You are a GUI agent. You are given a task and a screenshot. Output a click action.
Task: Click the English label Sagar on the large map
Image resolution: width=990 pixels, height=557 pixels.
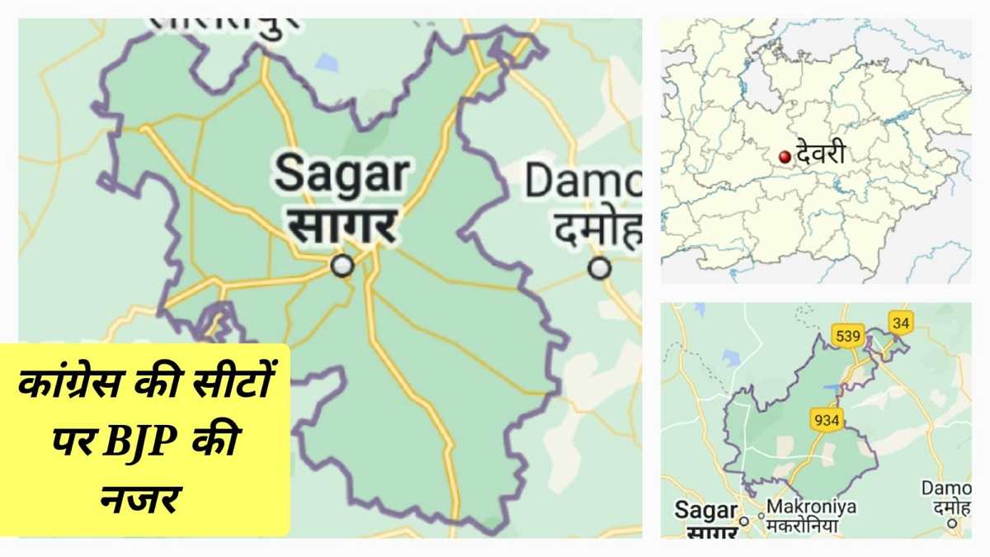pyautogui.click(x=342, y=174)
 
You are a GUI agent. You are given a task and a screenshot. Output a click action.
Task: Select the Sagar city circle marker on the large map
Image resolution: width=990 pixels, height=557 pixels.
pyautogui.click(x=342, y=266)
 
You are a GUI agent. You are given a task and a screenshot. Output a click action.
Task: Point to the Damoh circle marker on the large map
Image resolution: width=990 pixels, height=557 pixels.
pyautogui.click(x=600, y=268)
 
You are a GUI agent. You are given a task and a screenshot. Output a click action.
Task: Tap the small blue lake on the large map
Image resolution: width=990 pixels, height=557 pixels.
pyautogui.click(x=328, y=62)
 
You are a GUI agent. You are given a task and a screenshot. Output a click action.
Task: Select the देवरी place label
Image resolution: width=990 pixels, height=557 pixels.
pyautogui.click(x=820, y=153)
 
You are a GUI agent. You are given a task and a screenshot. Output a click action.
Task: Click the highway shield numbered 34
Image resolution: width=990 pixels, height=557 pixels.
pyautogui.click(x=900, y=321)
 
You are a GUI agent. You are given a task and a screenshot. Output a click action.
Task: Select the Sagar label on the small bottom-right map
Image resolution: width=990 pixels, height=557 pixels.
pyautogui.click(x=705, y=510)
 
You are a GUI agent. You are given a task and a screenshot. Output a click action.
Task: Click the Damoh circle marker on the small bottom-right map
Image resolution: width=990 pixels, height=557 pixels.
pyautogui.click(x=953, y=522)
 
